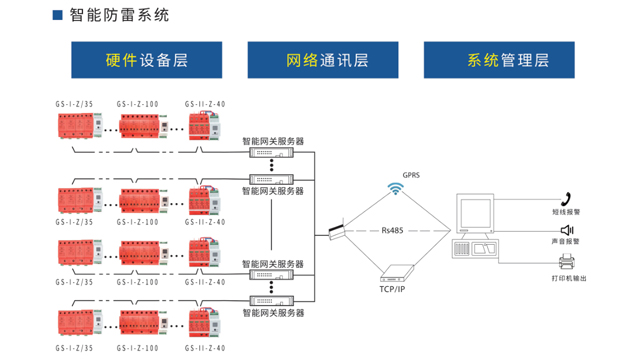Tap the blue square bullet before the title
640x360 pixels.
click(x=57, y=16)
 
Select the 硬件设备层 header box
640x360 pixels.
click(x=147, y=60)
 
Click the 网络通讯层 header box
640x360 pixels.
click(x=329, y=60)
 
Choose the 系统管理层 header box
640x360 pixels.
click(x=508, y=60)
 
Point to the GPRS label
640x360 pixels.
click(x=411, y=174)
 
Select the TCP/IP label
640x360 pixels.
click(x=392, y=288)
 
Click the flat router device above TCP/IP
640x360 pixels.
click(x=397, y=270)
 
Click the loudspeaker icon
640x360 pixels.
click(x=565, y=230)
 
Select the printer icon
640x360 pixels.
click(x=565, y=263)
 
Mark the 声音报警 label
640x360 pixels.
click(x=565, y=242)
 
